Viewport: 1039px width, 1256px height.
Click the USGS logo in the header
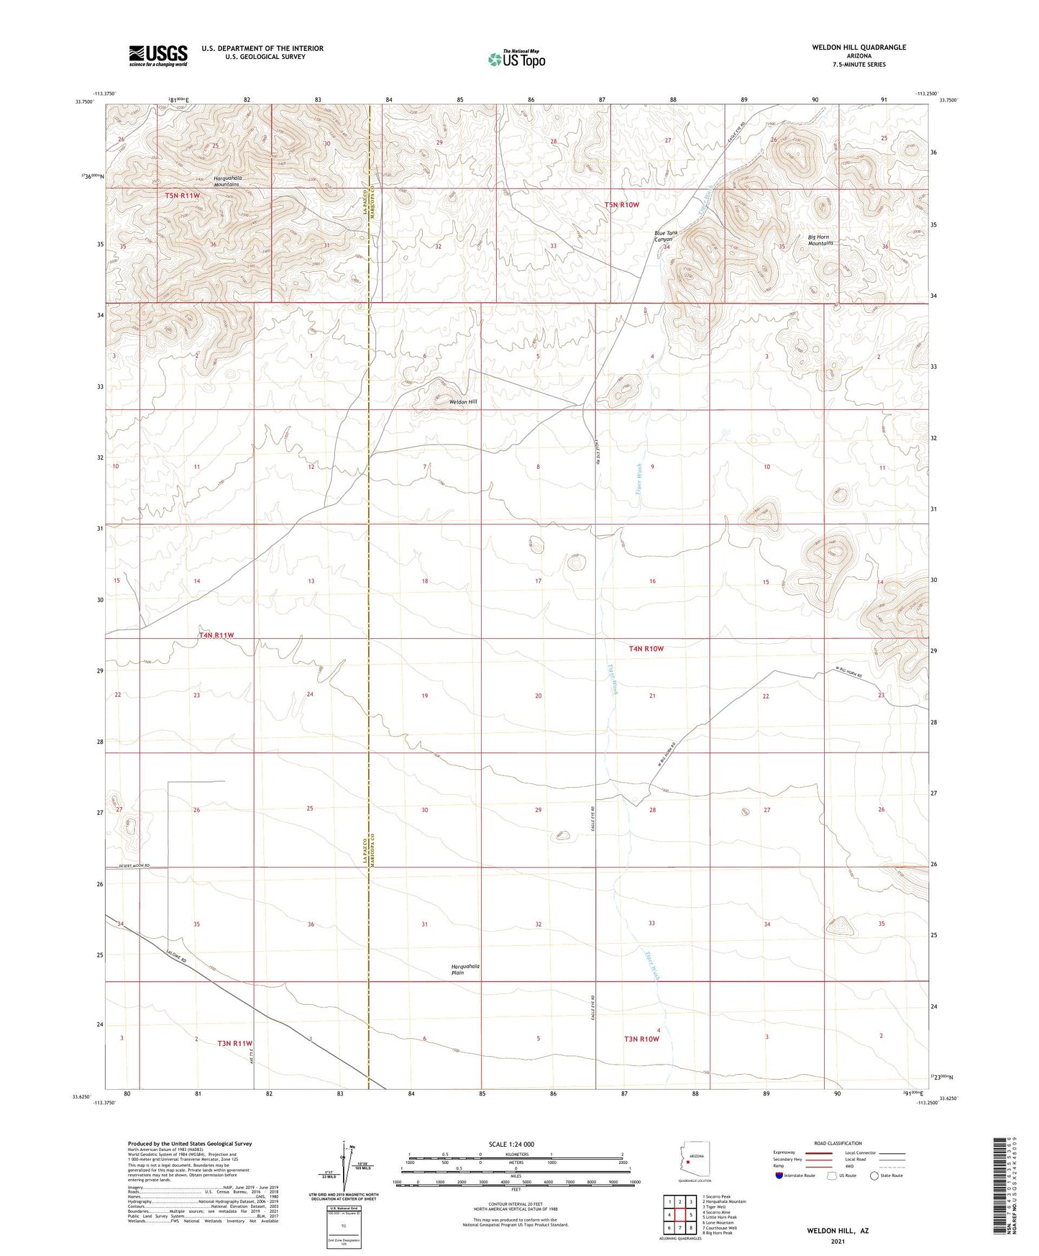point(157,55)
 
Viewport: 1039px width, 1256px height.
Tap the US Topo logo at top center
point(516,59)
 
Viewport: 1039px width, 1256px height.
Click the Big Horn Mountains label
point(820,240)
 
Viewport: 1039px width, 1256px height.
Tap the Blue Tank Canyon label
point(666,236)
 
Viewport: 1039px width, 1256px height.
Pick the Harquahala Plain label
point(464,969)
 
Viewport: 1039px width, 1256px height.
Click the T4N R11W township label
point(216,635)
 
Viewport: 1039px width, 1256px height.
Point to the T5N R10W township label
point(621,205)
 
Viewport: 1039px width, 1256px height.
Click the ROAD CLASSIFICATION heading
point(838,1143)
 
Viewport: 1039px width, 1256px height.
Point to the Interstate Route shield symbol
point(779,1175)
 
